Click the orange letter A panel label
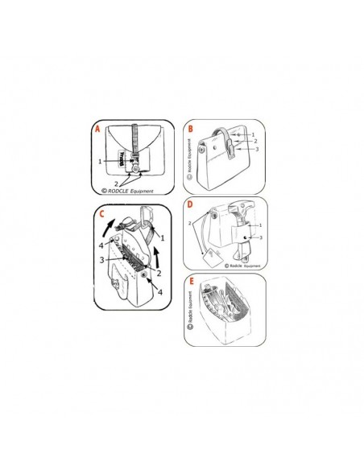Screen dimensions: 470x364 (x=98, y=128)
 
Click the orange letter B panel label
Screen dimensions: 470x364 (x=190, y=128)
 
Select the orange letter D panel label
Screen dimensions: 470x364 (x=189, y=205)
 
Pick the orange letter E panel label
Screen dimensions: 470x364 (x=190, y=282)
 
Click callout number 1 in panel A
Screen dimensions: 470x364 (x=100, y=161)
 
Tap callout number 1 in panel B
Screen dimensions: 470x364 (x=254, y=134)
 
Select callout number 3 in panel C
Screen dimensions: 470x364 (x=102, y=260)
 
